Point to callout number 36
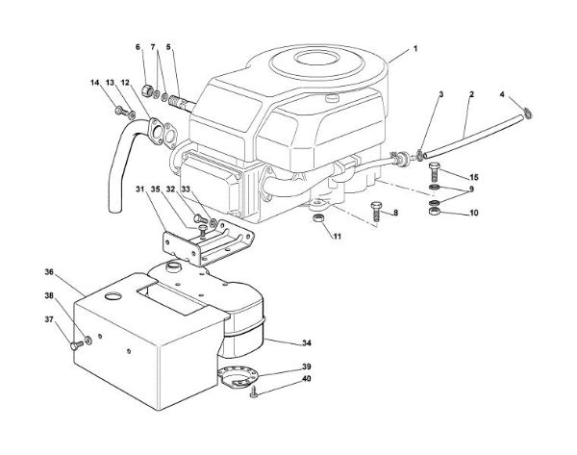click(x=49, y=274)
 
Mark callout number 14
click(x=94, y=84)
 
